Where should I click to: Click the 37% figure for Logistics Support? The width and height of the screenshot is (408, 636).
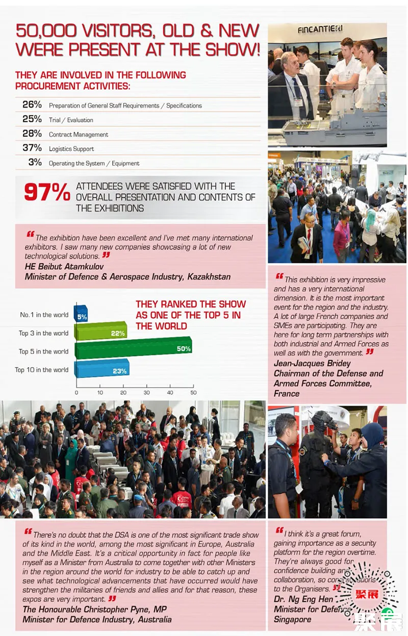pyautogui.click(x=32, y=148)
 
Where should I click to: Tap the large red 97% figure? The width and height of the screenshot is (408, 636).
pyautogui.click(x=47, y=192)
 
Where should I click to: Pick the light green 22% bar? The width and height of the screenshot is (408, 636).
pyautogui.click(x=100, y=332)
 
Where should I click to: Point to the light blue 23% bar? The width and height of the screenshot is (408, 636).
pyautogui.click(x=101, y=368)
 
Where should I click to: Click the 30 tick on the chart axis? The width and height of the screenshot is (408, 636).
pyautogui.click(x=146, y=393)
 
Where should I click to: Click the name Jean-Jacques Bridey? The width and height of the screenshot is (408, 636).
pyautogui.click(x=312, y=363)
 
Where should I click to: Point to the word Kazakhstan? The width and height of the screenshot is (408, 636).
pyautogui.click(x=209, y=277)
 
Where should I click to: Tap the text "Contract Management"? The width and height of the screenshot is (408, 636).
pyautogui.click(x=79, y=135)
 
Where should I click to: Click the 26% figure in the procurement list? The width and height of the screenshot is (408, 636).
pyautogui.click(x=32, y=105)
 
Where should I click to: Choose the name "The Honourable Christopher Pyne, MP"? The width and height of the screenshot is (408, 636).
pyautogui.click(x=94, y=609)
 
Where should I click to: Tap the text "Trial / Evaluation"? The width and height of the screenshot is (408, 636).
pyautogui.click(x=71, y=120)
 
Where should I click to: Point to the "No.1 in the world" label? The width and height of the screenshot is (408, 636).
pyautogui.click(x=44, y=315)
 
